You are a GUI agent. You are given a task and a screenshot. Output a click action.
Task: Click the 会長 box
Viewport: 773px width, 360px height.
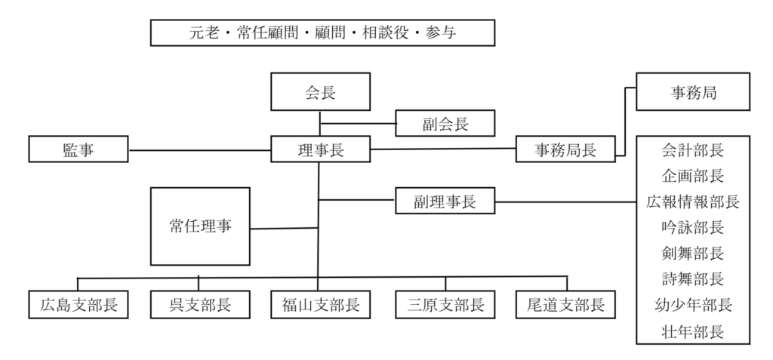pos(320,93)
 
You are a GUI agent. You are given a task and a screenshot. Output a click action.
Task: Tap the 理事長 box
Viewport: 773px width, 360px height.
pos(321,149)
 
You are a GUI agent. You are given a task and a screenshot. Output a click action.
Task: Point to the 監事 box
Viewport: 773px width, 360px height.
pos(79,150)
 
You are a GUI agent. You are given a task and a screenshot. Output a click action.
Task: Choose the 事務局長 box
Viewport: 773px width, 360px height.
pos(565,149)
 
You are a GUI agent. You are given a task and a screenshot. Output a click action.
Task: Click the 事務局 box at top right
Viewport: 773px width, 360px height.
pos(693,93)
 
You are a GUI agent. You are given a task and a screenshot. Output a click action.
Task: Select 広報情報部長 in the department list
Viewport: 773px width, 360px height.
pos(693,202)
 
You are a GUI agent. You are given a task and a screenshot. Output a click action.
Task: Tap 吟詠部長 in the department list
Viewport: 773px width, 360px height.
pos(693,227)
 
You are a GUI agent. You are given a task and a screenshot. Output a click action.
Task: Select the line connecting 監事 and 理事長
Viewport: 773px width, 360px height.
pos(199,150)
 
